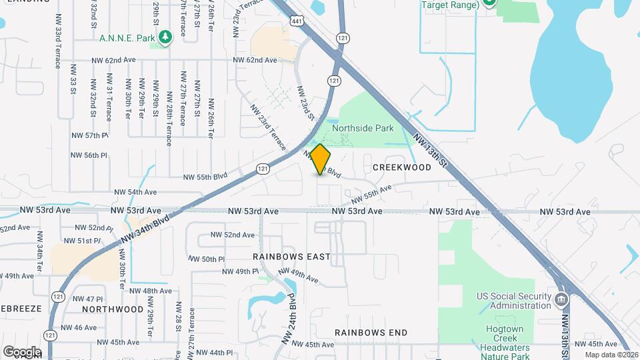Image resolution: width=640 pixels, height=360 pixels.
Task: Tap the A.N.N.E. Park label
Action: pos(127,37)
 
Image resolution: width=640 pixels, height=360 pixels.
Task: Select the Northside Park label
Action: pos(363,128)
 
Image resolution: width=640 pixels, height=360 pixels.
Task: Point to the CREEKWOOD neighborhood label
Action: pos(402,168)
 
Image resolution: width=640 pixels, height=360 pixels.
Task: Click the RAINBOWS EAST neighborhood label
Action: pos(291,257)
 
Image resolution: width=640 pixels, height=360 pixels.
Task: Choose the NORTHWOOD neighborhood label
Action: pos(113,309)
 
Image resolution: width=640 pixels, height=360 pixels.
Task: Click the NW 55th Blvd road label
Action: pos(206,177)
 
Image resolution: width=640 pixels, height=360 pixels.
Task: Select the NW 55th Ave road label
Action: pos(371,195)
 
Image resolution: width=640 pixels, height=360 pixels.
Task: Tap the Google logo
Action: pos(22,352)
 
